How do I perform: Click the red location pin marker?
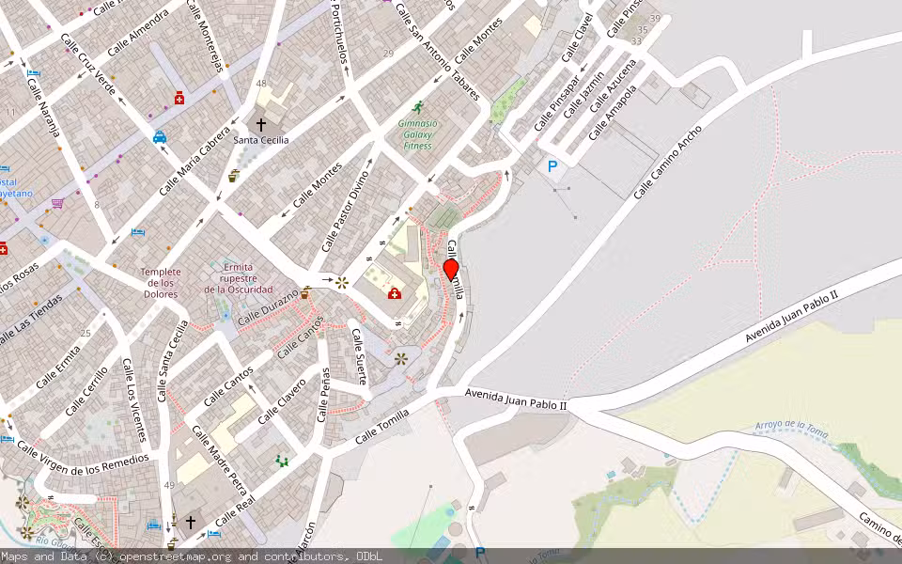(451, 270)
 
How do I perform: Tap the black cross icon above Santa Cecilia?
(261, 123)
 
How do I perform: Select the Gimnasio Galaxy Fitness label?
(417, 134)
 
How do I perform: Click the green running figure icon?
(417, 107)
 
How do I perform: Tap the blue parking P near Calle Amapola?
(552, 166)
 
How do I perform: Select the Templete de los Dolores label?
(160, 283)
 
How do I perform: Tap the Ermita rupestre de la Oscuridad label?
(239, 278)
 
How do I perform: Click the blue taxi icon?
(160, 136)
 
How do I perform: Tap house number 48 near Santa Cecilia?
(261, 84)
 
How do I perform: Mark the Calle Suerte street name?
(359, 356)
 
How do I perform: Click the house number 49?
(168, 485)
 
